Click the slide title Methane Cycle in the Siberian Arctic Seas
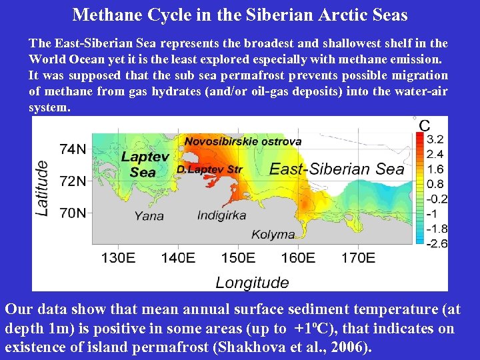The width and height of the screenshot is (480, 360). coord(240,14)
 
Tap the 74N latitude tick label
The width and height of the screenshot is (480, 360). coord(73,149)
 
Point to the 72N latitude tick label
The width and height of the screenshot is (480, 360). coord(73,181)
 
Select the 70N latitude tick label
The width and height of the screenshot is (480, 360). coord(73,213)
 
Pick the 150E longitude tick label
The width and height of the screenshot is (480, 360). coord(238,257)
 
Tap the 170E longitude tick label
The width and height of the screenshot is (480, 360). coord(358,257)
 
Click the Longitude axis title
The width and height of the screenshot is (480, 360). coord(252,283)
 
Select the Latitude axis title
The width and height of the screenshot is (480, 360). coord(42,187)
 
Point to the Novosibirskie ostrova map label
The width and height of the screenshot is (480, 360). coord(243,141)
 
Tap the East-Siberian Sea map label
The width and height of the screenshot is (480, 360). coord(337,169)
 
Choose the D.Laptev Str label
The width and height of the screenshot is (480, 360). coord(209,170)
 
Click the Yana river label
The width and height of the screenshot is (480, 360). coord(149,215)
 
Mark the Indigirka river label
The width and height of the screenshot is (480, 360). coord(221,215)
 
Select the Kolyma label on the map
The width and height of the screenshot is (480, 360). coord(273,235)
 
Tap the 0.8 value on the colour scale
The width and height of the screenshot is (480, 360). coord(435,184)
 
